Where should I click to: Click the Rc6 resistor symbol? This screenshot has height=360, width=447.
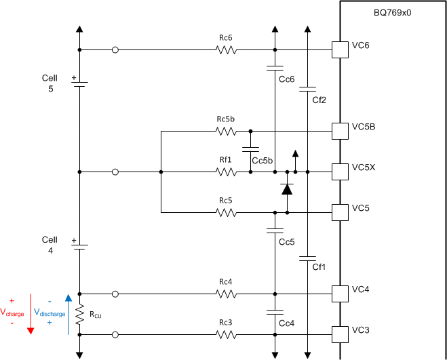(x=226, y=50)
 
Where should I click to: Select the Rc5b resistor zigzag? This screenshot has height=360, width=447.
(x=226, y=131)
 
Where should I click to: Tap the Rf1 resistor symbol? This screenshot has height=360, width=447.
(x=226, y=172)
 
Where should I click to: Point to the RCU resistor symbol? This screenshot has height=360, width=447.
(x=79, y=314)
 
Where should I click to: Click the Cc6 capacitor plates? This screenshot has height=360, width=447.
(x=275, y=68)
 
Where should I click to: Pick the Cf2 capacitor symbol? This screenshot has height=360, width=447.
(x=307, y=89)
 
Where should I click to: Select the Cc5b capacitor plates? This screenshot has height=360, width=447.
(x=250, y=149)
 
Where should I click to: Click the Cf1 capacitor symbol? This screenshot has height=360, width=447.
(x=307, y=258)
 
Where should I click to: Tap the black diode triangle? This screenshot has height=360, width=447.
(x=287, y=189)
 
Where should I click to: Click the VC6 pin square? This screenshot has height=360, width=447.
(x=340, y=50)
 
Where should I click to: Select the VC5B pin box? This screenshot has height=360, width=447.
(x=340, y=131)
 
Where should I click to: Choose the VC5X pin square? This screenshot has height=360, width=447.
(x=340, y=172)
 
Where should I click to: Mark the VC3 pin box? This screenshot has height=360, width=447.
(x=340, y=335)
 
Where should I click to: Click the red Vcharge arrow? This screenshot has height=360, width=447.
(x=31, y=314)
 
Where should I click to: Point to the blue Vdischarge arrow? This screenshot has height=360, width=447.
(x=69, y=315)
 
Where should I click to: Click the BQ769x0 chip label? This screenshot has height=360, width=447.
(x=392, y=13)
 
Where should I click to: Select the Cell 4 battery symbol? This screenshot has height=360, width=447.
(x=79, y=247)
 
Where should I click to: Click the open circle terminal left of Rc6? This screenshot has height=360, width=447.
(x=115, y=50)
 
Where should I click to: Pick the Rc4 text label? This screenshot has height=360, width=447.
(x=226, y=282)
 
